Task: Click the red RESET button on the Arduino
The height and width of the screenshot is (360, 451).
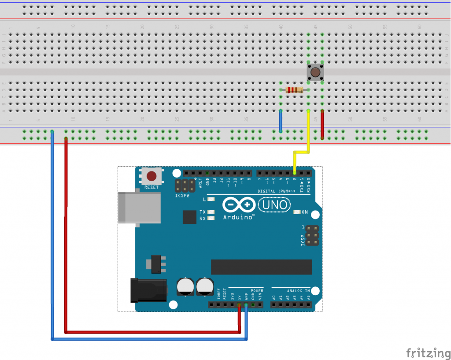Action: [x=152, y=177]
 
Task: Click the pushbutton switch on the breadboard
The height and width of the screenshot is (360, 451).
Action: [x=315, y=72]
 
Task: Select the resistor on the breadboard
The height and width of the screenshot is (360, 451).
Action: [x=294, y=90]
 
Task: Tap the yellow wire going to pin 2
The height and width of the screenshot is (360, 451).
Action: [x=308, y=132]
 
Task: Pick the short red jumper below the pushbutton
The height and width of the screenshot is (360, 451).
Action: [x=322, y=124]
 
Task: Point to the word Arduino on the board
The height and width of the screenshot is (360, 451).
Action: [x=238, y=217]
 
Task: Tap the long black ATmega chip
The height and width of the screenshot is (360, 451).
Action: [x=261, y=267]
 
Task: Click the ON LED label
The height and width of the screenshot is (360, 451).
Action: [x=305, y=212]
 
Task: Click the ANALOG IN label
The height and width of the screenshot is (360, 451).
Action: [x=298, y=291]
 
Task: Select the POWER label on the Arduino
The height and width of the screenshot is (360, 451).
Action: [x=257, y=291]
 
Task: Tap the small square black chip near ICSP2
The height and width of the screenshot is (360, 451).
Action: [x=189, y=217]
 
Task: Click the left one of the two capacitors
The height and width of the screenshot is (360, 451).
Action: [x=185, y=286]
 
